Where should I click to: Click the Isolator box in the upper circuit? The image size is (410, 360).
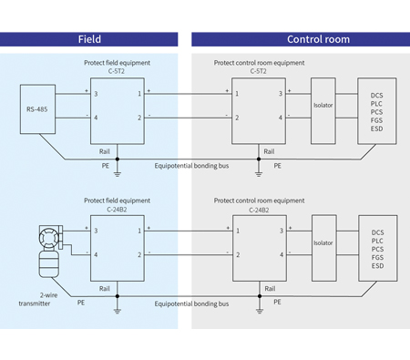click(x=323, y=105)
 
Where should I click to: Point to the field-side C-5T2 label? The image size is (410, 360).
click(x=116, y=71)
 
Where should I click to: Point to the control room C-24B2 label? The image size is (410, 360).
click(x=259, y=209)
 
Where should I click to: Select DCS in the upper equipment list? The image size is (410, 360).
click(x=377, y=95)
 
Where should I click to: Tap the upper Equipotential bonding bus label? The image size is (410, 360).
click(x=190, y=166)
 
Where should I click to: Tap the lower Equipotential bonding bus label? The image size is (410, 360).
click(x=190, y=303)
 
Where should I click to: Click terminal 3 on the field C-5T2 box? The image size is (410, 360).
click(x=95, y=94)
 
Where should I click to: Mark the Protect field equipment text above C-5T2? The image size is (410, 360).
click(x=116, y=62)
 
